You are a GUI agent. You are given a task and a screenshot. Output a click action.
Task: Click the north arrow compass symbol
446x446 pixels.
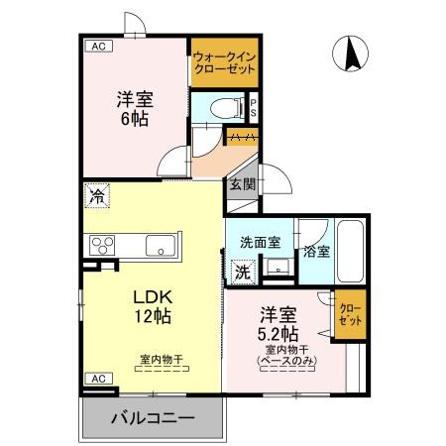pos(351,55)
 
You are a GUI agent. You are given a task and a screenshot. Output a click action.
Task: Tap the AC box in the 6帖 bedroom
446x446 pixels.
pos(97,46)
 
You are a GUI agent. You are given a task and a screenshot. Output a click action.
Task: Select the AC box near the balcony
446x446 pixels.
pos(97,379)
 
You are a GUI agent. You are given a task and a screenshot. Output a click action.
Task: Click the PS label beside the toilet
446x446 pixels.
pos(254,107)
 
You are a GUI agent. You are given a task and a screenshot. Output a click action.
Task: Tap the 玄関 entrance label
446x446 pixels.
pos(243,184)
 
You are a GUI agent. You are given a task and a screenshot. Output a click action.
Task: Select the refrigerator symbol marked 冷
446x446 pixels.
pos(97,196)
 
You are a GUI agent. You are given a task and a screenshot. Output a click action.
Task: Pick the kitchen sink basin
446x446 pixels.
pos(159,245)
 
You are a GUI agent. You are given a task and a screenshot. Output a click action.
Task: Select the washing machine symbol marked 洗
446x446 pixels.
pos(242,270)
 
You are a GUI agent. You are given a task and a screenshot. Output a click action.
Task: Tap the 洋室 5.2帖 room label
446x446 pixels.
pos(280,323)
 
